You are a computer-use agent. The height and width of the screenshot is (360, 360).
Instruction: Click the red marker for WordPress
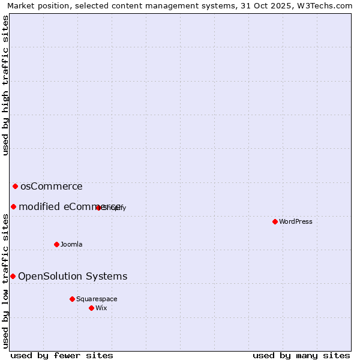(275, 221)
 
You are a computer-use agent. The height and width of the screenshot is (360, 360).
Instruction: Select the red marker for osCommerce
(15, 186)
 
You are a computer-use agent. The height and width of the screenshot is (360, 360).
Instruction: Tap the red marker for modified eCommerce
(13, 206)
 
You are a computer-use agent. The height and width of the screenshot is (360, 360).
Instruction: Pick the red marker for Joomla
(56, 244)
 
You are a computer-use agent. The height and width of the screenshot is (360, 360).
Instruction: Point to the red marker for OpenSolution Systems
(13, 276)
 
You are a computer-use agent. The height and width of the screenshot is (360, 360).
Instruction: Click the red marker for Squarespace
(72, 299)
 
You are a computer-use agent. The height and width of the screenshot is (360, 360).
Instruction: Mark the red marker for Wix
(91, 308)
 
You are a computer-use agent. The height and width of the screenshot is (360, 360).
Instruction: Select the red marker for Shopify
(98, 208)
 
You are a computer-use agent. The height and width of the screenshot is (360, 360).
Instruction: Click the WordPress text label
(296, 221)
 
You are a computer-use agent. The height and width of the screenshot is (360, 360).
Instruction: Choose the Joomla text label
(71, 244)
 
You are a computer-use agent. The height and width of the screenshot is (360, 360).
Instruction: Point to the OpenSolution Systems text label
(73, 276)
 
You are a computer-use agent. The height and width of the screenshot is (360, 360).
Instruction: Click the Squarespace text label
(97, 299)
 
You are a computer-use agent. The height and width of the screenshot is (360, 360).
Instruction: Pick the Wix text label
(101, 308)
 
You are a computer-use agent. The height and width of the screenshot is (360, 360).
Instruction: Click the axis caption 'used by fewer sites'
(62, 355)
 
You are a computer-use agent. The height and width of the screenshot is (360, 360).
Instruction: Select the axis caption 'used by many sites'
(301, 355)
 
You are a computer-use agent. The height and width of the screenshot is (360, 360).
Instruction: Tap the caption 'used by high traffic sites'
(6, 85)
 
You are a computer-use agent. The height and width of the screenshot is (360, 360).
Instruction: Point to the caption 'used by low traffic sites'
(6, 280)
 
